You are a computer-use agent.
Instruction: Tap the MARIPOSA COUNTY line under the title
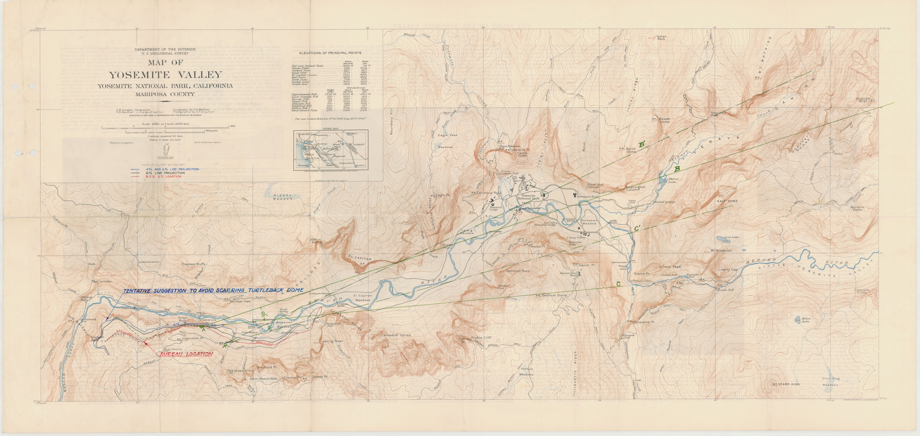point(165,94)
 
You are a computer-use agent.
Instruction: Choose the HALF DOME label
point(727,201)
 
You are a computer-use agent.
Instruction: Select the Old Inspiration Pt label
point(240,372)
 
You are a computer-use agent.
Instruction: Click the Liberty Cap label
point(728,269)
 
